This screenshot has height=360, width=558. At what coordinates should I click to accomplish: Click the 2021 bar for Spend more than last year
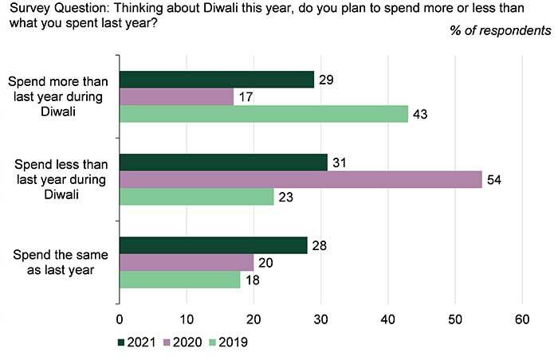(216, 80)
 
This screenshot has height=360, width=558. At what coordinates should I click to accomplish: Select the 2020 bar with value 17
(175, 96)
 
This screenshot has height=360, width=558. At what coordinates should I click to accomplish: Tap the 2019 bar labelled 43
(263, 114)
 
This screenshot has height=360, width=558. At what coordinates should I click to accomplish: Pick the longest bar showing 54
(301, 179)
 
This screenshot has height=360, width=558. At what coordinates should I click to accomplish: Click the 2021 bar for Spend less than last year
(223, 162)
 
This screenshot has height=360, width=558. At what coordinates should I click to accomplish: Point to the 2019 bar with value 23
(196, 196)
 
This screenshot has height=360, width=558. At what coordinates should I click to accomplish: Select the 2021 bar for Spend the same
(213, 245)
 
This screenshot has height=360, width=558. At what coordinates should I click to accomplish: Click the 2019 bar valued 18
(179, 279)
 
